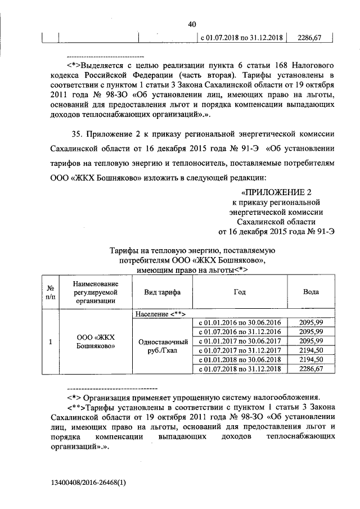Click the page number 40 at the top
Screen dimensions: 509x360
[x=192, y=24]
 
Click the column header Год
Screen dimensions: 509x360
[x=240, y=292]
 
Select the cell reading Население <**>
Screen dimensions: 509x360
[x=161, y=313]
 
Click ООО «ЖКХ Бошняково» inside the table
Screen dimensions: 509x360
[x=95, y=341]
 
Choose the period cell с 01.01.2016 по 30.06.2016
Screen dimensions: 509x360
[x=240, y=323]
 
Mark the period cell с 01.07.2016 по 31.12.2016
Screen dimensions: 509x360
[x=240, y=332]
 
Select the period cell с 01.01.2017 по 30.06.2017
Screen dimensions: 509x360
[x=240, y=341]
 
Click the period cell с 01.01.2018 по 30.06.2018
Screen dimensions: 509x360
[x=240, y=359]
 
